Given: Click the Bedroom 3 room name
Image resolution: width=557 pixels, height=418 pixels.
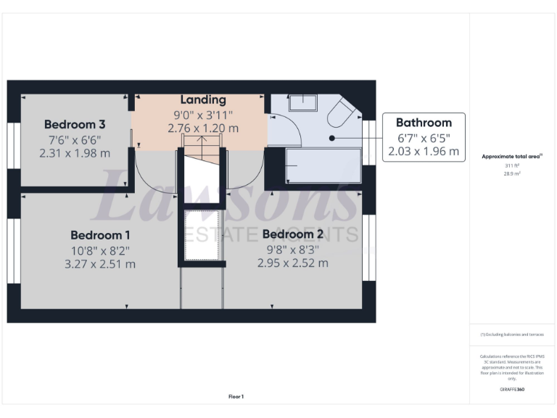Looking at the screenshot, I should tap(75, 123).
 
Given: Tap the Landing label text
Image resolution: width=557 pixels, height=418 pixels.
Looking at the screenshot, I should tap(203, 99).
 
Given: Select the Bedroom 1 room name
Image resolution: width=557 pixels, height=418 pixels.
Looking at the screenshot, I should tap(100, 235).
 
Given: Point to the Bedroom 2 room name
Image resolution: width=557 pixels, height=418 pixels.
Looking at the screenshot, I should tap(292, 234).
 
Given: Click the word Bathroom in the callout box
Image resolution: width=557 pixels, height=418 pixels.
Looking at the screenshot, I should tap(424, 123).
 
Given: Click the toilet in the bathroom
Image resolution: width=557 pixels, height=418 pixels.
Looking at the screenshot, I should tap(341, 114).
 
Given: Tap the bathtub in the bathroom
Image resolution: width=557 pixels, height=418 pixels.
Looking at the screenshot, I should tap(323, 166).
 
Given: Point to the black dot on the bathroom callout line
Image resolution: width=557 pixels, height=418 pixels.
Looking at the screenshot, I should tap(331, 136).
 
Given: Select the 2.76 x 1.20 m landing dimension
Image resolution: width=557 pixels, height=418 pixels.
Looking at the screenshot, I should tap(203, 128).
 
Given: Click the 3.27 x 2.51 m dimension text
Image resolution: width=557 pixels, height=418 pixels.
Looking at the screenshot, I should tap(100, 264).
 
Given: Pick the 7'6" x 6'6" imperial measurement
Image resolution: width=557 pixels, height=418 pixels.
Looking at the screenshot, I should tap(75, 139).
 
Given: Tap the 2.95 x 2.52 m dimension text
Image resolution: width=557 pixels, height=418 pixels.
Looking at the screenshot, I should tap(292, 263).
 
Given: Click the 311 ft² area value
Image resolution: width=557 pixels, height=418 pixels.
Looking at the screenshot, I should tap(513, 166).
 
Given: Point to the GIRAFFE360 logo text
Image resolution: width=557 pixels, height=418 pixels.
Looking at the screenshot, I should tap(512, 390).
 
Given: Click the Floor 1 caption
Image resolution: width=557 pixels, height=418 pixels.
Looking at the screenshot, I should tap(236, 397).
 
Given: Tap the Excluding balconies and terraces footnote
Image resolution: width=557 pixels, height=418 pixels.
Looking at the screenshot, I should tap(512, 335).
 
